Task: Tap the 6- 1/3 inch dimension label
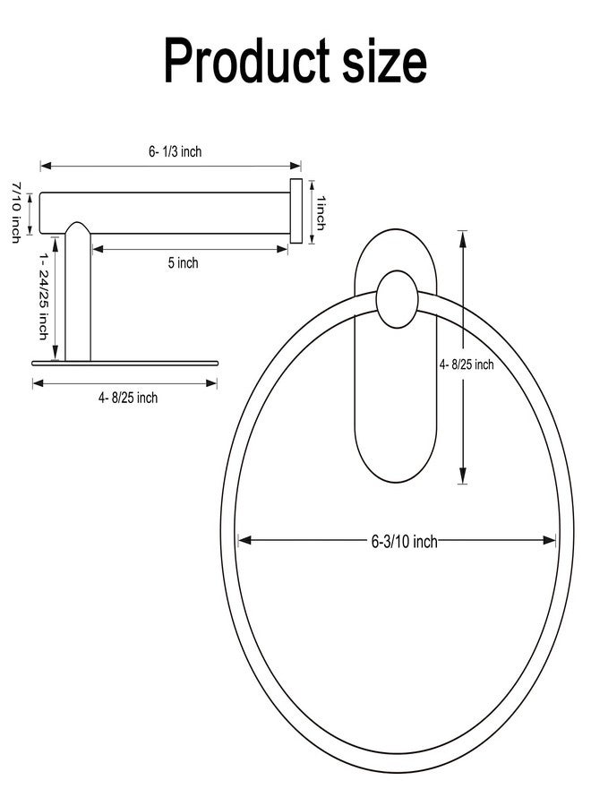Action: point(176,151)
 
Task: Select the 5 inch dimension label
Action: point(183,262)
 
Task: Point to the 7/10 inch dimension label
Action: point(16,211)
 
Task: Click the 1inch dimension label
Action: point(321,213)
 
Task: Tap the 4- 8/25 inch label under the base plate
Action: point(128,398)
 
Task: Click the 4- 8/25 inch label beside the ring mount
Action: point(467,364)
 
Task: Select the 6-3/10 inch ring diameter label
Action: point(405,541)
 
